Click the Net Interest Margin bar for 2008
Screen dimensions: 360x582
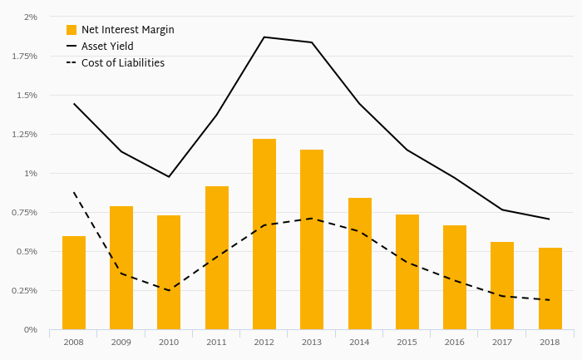click(x=74, y=283)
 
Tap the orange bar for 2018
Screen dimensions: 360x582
click(x=550, y=288)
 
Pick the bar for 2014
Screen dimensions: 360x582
click(x=360, y=264)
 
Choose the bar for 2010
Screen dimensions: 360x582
click(x=169, y=273)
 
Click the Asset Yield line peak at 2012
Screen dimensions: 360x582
click(x=264, y=37)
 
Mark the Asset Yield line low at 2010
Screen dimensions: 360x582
click(x=169, y=176)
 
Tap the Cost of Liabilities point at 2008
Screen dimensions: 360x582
click(x=74, y=193)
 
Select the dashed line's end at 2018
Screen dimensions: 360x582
click(x=550, y=300)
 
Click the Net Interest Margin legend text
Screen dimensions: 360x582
click(x=127, y=30)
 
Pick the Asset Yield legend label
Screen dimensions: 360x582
click(x=107, y=47)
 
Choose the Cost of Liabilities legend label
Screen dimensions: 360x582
click(x=123, y=63)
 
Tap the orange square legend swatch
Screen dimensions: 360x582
click(x=72, y=30)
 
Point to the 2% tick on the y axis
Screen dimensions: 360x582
click(x=31, y=17)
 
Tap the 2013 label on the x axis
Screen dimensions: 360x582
click(x=312, y=342)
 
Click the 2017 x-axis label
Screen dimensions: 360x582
click(x=502, y=342)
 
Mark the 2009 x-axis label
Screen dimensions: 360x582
click(x=121, y=342)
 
